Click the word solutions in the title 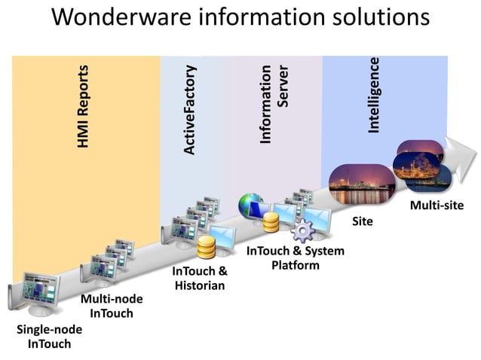pyautogui.click(x=377, y=18)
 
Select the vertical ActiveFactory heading pyautogui.click(x=190, y=110)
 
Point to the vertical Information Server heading pyautogui.click(x=274, y=104)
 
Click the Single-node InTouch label pyautogui.click(x=49, y=337)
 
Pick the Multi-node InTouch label pyautogui.click(x=111, y=306)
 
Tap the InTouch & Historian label pyautogui.click(x=200, y=278)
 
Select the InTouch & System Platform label pyautogui.click(x=295, y=258)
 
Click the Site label pyautogui.click(x=363, y=222)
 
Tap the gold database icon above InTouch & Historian pyautogui.click(x=207, y=248)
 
